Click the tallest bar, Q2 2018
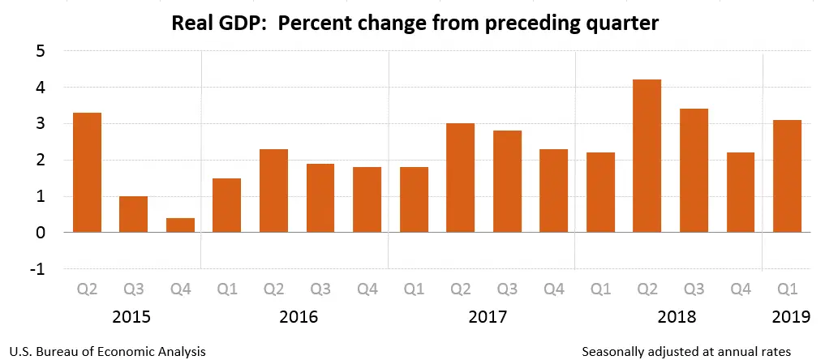click(647, 156)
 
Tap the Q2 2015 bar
click(87, 173)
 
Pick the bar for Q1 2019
click(787, 176)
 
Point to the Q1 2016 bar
click(226, 205)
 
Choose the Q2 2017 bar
click(460, 178)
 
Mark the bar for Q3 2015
click(133, 214)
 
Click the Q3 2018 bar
click(694, 170)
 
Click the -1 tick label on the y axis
click(37, 269)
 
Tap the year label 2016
click(298, 316)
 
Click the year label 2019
click(786, 316)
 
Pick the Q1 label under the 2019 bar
click(787, 288)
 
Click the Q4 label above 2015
click(179, 288)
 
